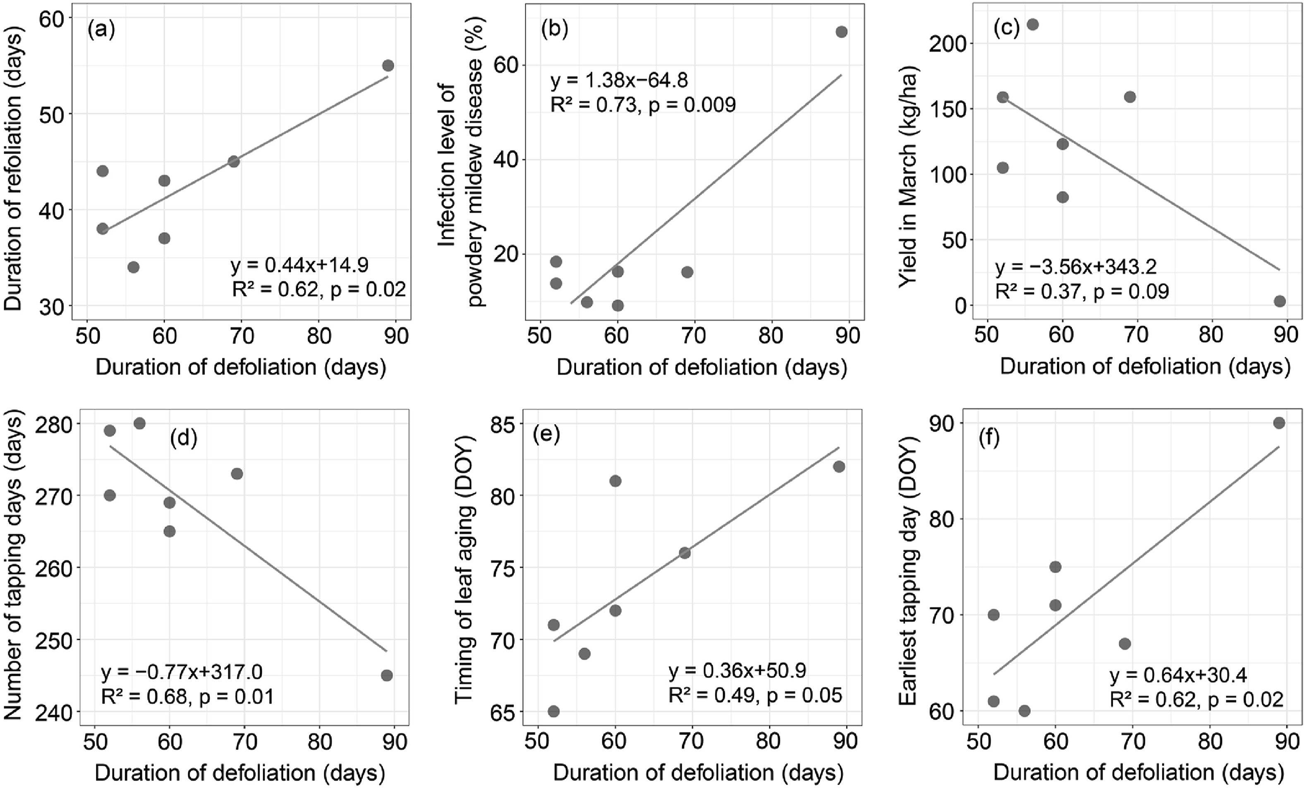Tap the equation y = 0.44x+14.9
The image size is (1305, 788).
[x=300, y=264]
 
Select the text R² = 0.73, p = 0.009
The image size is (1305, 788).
[x=643, y=105]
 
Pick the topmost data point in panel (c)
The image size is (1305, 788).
[x=1032, y=24]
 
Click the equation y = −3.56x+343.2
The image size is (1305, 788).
[x=1076, y=267]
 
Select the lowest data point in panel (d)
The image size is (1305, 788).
[x=387, y=675]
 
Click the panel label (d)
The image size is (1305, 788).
[x=183, y=439]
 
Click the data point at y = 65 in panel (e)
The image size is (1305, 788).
[x=553, y=711]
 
